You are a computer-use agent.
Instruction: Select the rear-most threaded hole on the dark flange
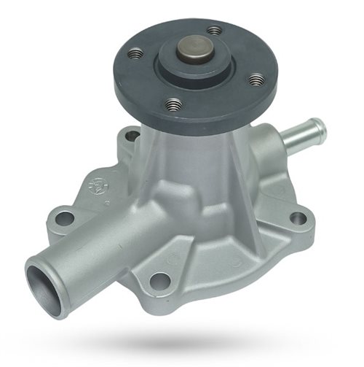tap(213, 31)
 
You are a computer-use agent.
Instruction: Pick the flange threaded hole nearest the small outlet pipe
tap(256, 79)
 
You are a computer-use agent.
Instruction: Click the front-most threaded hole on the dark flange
tap(173, 105)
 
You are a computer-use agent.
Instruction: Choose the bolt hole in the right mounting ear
tap(298, 217)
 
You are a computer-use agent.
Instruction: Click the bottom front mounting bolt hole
tap(160, 281)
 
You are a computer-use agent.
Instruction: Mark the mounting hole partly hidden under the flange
tap(132, 135)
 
